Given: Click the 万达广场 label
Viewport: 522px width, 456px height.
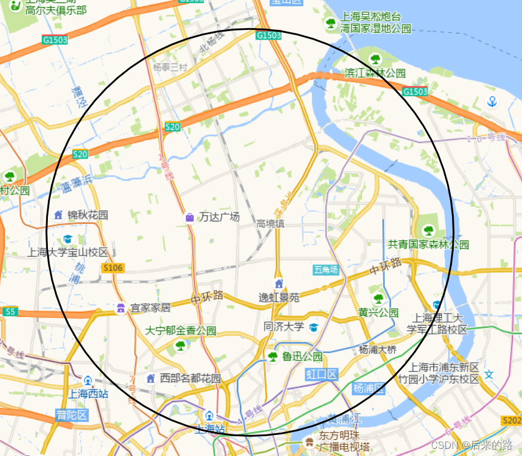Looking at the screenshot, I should tap(219, 217).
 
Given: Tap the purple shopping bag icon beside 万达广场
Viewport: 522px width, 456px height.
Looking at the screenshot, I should tap(190, 217).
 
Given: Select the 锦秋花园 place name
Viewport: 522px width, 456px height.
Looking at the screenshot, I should tap(87, 215).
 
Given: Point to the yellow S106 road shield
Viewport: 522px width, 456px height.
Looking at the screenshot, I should tap(113, 268).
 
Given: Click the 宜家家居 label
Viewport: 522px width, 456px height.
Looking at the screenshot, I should tap(150, 308).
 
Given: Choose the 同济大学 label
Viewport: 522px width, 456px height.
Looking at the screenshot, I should tap(284, 327).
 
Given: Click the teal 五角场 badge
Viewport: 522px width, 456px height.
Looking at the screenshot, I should tap(326, 270).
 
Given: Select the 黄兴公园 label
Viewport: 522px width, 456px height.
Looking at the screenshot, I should tap(378, 312).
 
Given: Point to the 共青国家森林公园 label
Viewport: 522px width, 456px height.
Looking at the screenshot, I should tap(428, 244).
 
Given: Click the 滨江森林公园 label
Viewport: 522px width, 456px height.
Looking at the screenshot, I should tap(375, 73).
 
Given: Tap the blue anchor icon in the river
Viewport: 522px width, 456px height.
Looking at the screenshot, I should tap(492, 101).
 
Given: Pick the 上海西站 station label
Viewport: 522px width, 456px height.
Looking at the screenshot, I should tap(88, 394).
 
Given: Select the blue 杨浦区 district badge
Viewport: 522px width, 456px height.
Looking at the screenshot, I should tap(368, 388).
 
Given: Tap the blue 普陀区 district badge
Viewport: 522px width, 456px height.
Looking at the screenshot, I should tap(72, 415).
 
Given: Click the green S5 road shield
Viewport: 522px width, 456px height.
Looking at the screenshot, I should tap(10, 312).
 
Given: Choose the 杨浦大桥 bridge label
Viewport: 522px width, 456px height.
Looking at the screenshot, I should tap(377, 349).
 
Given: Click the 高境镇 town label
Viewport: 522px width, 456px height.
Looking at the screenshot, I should tap(270, 224).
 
